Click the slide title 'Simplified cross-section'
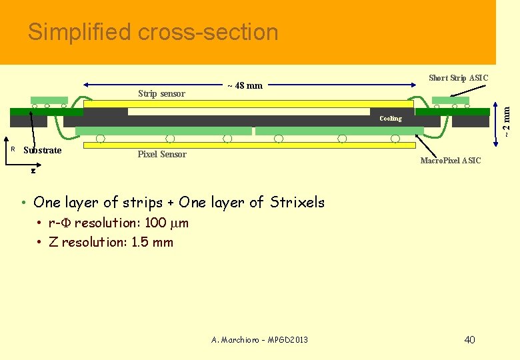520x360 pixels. pyautogui.click(x=153, y=32)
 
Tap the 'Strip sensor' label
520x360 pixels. pyautogui.click(x=161, y=93)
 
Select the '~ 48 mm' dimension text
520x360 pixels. pyautogui.click(x=245, y=85)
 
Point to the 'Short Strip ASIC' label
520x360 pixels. pyautogui.click(x=458, y=78)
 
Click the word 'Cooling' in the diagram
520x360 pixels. pyautogui.click(x=391, y=119)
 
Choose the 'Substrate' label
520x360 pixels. pyautogui.click(x=42, y=150)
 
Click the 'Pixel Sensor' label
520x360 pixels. pyautogui.click(x=162, y=155)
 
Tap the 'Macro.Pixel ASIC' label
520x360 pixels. pyautogui.click(x=450, y=161)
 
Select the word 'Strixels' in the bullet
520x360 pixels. pyautogui.click(x=297, y=202)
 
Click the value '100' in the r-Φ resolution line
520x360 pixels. pyautogui.click(x=155, y=223)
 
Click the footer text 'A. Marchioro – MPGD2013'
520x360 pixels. pyautogui.click(x=259, y=340)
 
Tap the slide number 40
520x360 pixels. pyautogui.click(x=469, y=340)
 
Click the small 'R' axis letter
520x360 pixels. pyautogui.click(x=13, y=149)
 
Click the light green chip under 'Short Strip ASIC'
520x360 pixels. pyautogui.click(x=450, y=101)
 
